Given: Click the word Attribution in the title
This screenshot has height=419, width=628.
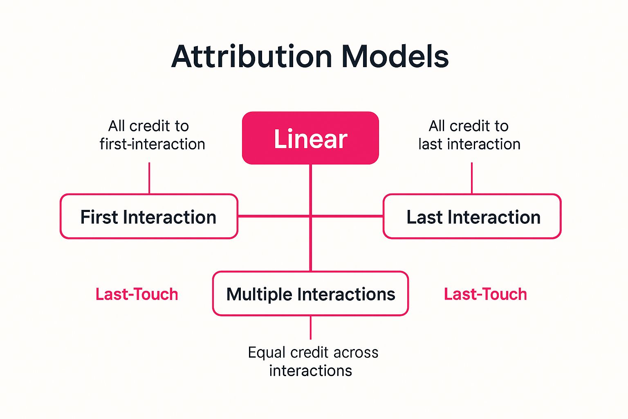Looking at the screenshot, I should click(251, 56).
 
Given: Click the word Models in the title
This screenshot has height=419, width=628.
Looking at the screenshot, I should click(395, 56).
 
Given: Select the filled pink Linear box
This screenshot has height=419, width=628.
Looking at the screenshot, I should click(310, 138).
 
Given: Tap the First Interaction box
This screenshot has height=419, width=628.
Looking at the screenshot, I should click(148, 216).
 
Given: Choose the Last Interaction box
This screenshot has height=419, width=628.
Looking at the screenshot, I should click(472, 216).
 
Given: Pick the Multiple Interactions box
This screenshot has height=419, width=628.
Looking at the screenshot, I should click(310, 294).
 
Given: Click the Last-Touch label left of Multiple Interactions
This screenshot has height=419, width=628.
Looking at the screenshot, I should click(137, 294).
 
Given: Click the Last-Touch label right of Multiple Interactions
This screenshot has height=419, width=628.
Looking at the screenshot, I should click(485, 294).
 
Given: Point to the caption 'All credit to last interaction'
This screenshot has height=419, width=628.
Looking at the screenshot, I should click(469, 135).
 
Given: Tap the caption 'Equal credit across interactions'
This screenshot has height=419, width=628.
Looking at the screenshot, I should click(312, 361).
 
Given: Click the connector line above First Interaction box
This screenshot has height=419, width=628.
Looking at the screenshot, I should click(149, 178).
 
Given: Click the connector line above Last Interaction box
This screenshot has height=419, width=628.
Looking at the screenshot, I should click(472, 178).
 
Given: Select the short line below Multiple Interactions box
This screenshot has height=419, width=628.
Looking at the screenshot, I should click(311, 327).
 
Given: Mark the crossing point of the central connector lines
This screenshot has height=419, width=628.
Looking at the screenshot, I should click(311, 216).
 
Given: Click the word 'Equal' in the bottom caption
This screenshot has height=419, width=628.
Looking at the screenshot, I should click(267, 352).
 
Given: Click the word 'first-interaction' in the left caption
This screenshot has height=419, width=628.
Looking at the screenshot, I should click(152, 144).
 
